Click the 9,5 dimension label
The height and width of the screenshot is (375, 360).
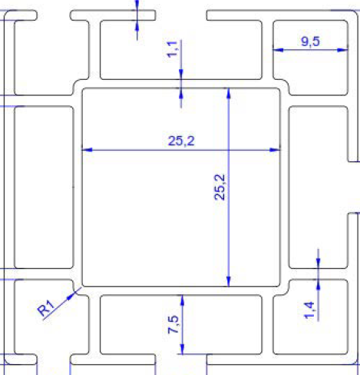[x=310, y=41]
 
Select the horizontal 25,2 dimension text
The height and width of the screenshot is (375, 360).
[x=181, y=141]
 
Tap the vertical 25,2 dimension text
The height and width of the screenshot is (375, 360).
[x=220, y=187]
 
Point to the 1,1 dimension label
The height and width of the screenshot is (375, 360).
[x=172, y=49]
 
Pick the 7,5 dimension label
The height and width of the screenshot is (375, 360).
[x=173, y=324]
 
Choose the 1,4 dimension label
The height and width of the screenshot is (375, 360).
[x=309, y=310]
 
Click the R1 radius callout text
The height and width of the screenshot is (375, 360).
[x=46, y=307]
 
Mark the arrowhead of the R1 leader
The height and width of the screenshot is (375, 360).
[x=70, y=296]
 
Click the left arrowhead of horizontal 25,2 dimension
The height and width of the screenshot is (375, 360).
[x=87, y=150]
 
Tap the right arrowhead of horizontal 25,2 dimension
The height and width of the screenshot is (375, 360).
[x=276, y=150]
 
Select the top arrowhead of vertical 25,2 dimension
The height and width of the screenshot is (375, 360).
[x=229, y=93]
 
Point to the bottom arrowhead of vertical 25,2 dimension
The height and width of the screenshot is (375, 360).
[x=229, y=281]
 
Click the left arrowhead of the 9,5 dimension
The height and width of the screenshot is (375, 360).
[x=278, y=50]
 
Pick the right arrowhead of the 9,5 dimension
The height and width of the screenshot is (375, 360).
[x=342, y=50]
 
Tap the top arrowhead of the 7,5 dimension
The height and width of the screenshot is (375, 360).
[x=182, y=300]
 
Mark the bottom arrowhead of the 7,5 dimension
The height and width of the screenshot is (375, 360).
[x=182, y=349]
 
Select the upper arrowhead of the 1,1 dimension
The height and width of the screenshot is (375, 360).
[x=181, y=75]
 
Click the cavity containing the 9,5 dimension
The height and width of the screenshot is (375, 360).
[x=310, y=58]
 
